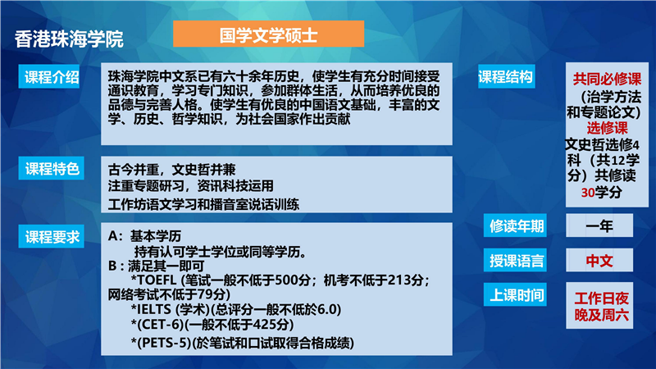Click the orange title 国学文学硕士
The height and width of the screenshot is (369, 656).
click(x=269, y=34)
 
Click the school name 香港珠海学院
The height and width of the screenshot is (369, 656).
click(x=69, y=39)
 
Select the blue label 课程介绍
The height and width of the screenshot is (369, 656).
click(x=49, y=76)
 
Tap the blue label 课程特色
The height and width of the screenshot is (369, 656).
click(x=52, y=168)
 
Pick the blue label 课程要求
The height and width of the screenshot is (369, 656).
click(x=52, y=236)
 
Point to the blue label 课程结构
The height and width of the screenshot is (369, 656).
click(x=506, y=76)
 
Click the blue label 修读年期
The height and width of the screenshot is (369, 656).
click(x=515, y=226)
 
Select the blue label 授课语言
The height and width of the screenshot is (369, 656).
click(x=515, y=260)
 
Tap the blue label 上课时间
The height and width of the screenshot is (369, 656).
click(x=515, y=294)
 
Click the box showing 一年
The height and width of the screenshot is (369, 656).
click(x=599, y=226)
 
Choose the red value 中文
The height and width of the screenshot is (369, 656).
click(x=599, y=261)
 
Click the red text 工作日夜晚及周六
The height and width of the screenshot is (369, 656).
click(x=601, y=307)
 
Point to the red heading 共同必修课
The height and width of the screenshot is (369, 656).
click(x=607, y=79)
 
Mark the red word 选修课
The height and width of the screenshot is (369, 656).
click(x=607, y=127)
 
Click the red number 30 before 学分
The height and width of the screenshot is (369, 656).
click(x=588, y=193)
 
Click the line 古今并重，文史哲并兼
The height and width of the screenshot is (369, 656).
click(x=172, y=170)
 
